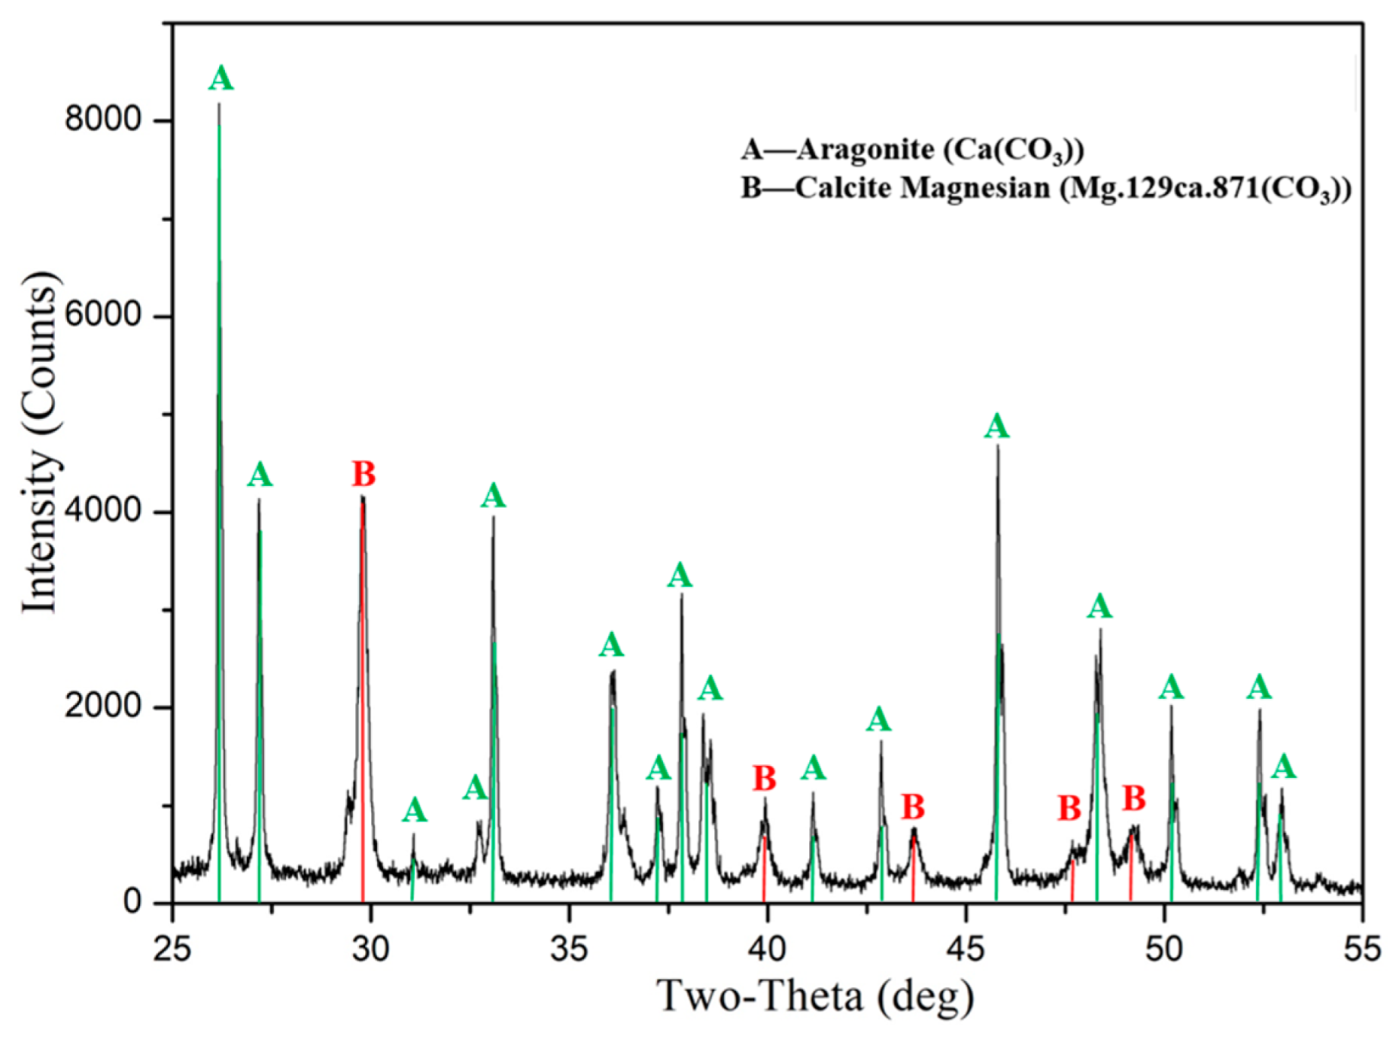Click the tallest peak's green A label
tap(220, 79)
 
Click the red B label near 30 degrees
tap(363, 475)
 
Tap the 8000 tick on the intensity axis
tap(103, 119)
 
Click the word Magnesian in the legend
tap(975, 188)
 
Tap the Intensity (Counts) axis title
tap(40, 441)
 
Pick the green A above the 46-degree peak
tap(997, 427)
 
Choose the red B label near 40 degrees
tap(764, 779)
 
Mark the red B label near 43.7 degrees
tap(912, 807)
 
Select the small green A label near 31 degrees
tap(414, 811)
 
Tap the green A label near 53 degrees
tap(1283, 767)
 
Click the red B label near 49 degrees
tap(1134, 799)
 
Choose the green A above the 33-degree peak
tap(493, 497)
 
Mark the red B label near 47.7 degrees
tap(1069, 809)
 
